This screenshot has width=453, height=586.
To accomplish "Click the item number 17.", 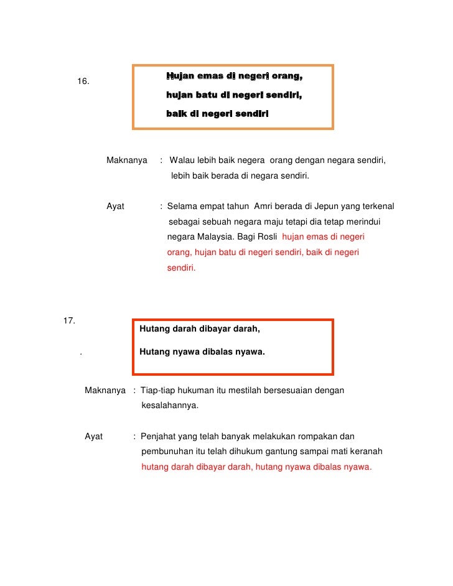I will tap(70, 321).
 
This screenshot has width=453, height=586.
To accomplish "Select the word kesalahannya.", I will tap(170, 406).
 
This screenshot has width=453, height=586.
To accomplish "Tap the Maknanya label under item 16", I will tap(127, 160).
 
